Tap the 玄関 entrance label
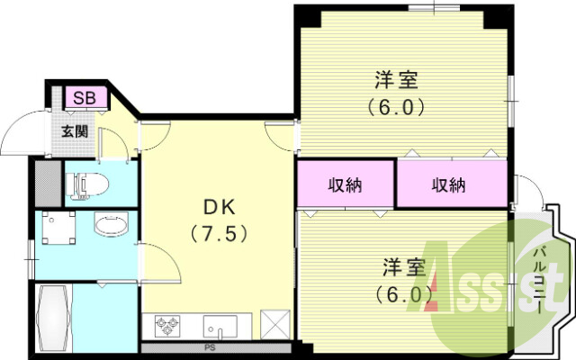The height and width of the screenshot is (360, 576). point(75,130)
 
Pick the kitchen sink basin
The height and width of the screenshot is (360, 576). point(219,324)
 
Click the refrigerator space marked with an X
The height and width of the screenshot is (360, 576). point(273,323)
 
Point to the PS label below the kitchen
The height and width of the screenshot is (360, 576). point(209,346)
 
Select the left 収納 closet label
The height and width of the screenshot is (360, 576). point(345,185)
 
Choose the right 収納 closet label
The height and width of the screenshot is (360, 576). point(448,185)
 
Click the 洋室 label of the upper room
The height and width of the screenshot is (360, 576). point(396,79)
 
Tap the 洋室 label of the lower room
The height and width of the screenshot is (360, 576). point(403,267)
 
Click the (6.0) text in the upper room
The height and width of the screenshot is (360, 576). point(396,105)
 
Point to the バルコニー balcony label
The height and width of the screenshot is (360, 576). point(542,279)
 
